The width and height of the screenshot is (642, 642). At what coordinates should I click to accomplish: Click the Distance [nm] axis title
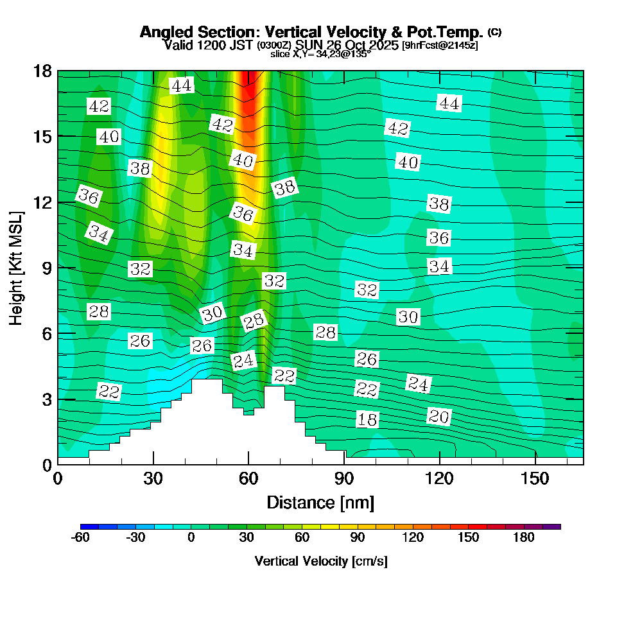(x=320, y=502)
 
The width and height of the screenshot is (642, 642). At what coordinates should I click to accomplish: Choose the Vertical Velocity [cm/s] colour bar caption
(x=320, y=561)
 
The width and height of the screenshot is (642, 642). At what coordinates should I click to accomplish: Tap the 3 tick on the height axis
(x=47, y=399)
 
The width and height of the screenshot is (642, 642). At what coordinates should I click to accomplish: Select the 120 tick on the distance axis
(x=439, y=479)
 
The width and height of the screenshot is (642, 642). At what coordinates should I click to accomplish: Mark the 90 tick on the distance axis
(x=344, y=479)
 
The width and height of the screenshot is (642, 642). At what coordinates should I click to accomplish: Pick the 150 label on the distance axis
(x=535, y=479)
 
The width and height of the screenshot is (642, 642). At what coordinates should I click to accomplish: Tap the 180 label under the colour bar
(x=524, y=538)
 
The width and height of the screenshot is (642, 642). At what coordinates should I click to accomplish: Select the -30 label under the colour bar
(x=135, y=538)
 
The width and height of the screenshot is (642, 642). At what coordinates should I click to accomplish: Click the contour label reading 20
(x=438, y=417)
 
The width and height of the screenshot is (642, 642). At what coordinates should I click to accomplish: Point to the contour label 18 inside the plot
(x=367, y=420)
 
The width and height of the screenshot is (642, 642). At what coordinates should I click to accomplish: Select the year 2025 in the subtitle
(x=382, y=46)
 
